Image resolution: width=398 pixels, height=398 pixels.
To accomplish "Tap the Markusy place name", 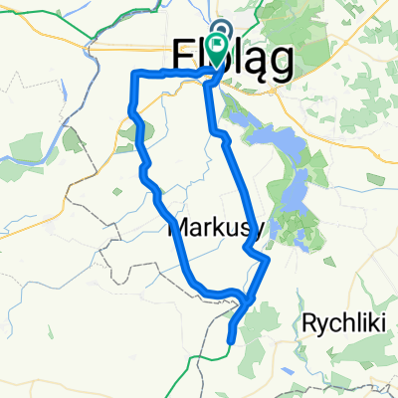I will coord(215,228).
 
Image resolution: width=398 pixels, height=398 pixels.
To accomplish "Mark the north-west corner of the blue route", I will coord(134,74).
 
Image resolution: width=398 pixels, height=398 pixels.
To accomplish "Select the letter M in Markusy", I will coord(179,228).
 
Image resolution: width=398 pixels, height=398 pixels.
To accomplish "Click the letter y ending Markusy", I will coord(257,231).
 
